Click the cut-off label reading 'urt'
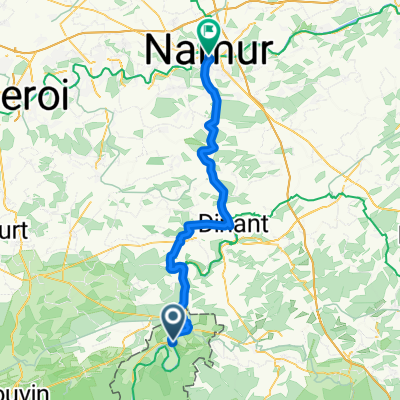pos(14,251)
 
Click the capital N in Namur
pos(158,50)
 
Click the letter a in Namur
pos(183,53)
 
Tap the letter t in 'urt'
pos(24,251)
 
